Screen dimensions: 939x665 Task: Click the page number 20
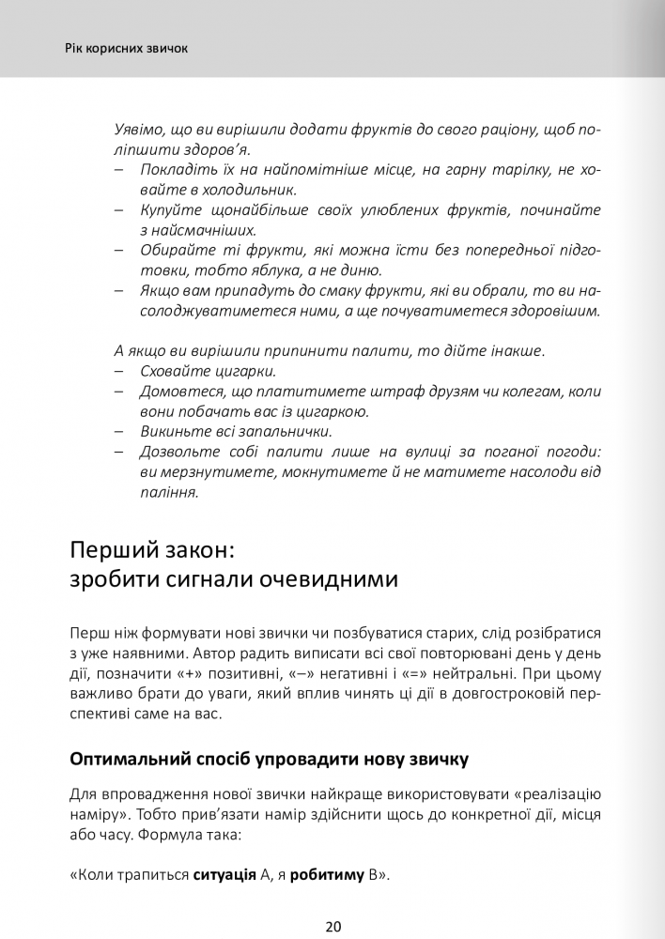332,926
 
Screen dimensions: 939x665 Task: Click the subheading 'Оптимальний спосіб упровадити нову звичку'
269,758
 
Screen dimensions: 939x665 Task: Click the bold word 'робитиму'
328,876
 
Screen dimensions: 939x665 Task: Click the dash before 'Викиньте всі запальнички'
119,432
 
